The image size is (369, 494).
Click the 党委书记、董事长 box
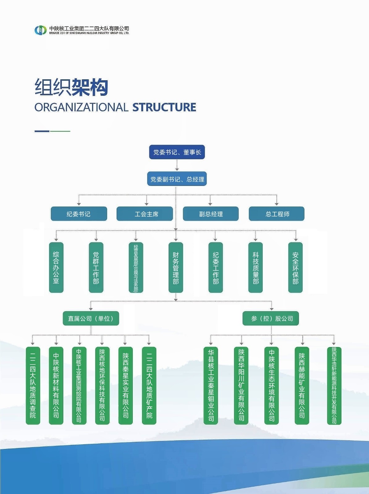177,152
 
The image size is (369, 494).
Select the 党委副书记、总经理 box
177,179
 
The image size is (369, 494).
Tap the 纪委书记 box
79,214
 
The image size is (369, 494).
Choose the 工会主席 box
145,214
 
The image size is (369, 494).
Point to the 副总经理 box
211,214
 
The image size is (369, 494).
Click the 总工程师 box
277,214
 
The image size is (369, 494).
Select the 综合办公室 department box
56,267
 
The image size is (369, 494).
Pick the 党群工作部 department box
96,267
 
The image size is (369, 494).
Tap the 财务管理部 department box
176,267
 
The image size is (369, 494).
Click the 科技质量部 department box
255,267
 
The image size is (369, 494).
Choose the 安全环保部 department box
295,267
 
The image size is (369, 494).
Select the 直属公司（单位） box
91,318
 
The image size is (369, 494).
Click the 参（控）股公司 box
271,318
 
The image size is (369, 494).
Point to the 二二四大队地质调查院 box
33,385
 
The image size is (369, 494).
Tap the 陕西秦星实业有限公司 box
126,385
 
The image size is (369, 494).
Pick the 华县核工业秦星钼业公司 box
211,385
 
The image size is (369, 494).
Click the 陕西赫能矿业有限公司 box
302,385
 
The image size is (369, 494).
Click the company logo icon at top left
40,30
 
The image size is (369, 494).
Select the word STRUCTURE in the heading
164,107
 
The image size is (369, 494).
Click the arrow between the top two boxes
177,165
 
